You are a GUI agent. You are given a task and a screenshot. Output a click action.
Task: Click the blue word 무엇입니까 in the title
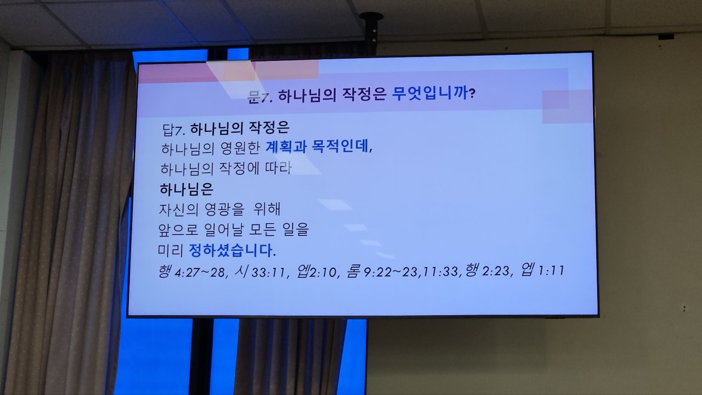[429, 93]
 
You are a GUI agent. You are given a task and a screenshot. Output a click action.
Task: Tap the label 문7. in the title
[260, 97]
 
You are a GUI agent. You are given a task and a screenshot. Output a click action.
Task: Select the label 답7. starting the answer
[174, 129]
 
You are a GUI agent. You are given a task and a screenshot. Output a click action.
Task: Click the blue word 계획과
[286, 146]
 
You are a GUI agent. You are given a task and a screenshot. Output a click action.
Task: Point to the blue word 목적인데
[340, 146]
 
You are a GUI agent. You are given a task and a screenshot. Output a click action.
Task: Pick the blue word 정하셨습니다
[231, 250]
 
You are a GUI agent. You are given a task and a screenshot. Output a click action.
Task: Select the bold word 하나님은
[186, 189]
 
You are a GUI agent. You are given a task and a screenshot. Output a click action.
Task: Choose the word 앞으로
[178, 230]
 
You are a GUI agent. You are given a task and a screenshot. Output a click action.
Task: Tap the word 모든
[262, 229]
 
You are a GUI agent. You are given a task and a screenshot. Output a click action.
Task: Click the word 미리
[171, 250]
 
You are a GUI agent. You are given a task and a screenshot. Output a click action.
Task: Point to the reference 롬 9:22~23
[382, 272]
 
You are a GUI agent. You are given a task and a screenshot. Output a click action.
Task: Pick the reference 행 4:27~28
[192, 272]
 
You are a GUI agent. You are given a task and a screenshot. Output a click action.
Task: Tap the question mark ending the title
[472, 93]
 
